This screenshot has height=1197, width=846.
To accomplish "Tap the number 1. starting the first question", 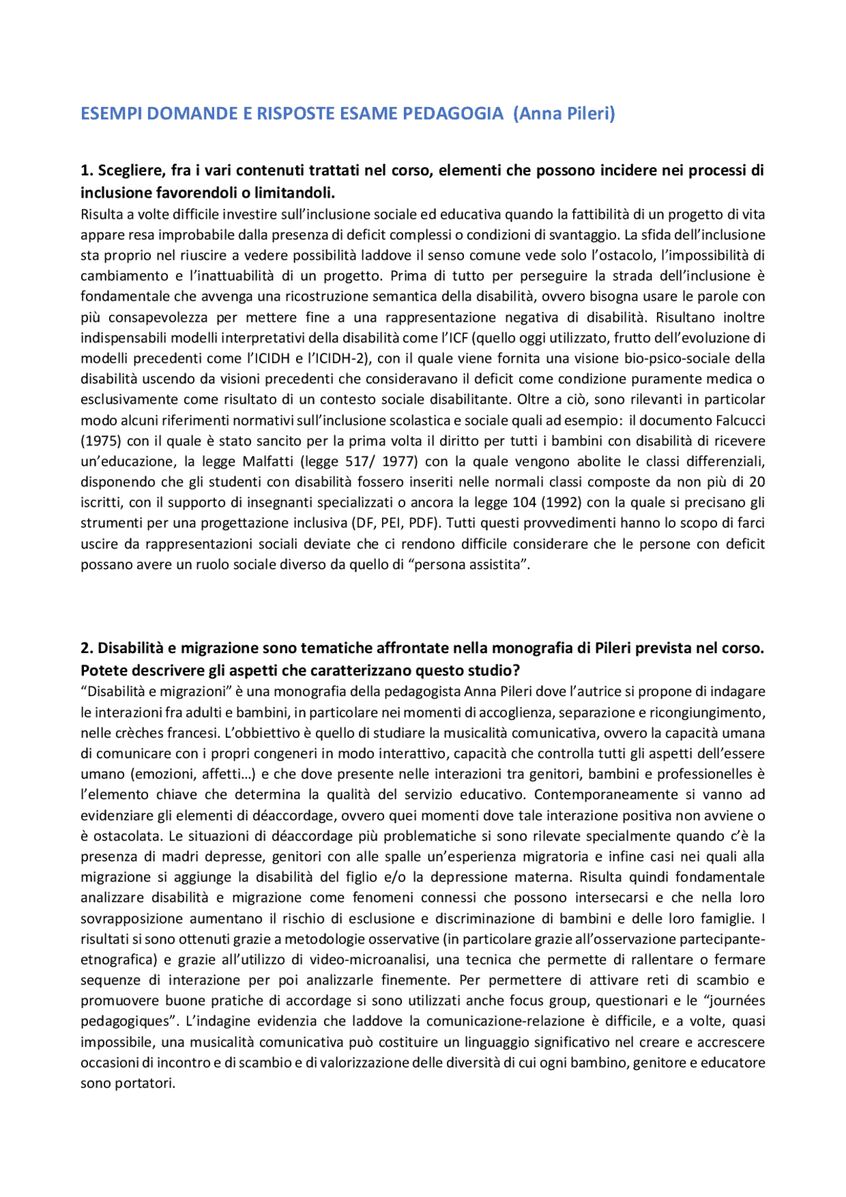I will pos(87,171).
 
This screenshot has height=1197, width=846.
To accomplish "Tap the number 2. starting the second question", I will pos(87,648).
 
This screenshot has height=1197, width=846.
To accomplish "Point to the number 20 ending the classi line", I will pos(757,482).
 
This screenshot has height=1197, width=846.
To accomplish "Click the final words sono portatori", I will pos(128,1083).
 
